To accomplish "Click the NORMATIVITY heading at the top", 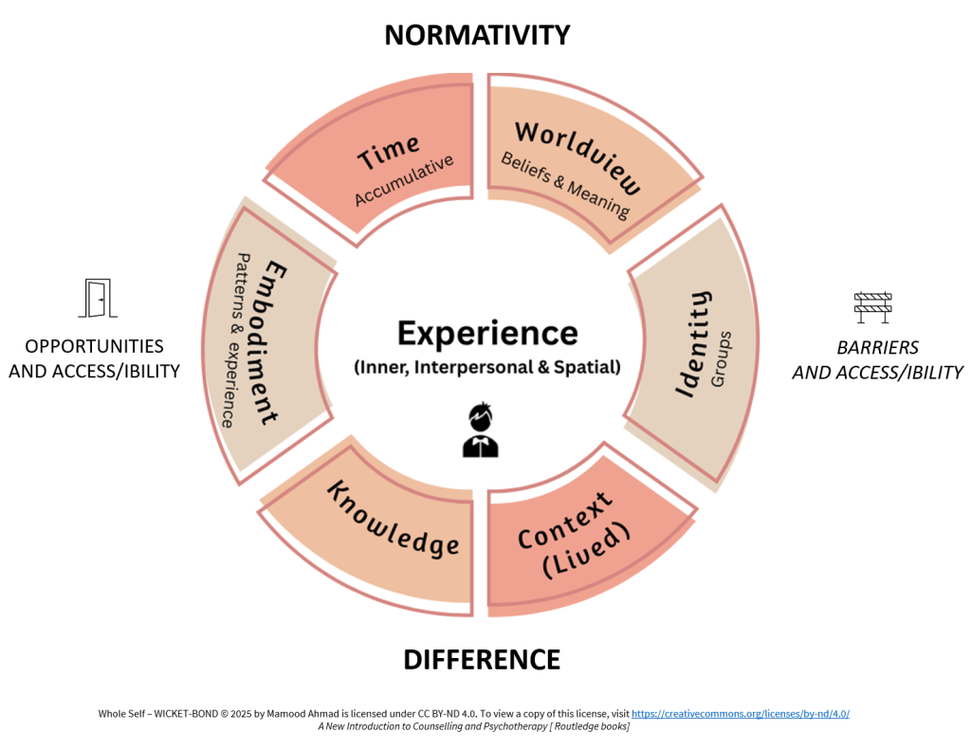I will (477, 35).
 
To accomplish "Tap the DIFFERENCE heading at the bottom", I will (482, 659).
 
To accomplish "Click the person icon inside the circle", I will (481, 430).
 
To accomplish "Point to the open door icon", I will (96, 298).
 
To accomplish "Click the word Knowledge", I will (394, 520).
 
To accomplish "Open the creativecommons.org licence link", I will (740, 713).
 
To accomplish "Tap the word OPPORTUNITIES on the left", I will (94, 347).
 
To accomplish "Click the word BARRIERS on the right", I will (877, 348).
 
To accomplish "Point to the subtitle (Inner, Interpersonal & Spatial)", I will (486, 367).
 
